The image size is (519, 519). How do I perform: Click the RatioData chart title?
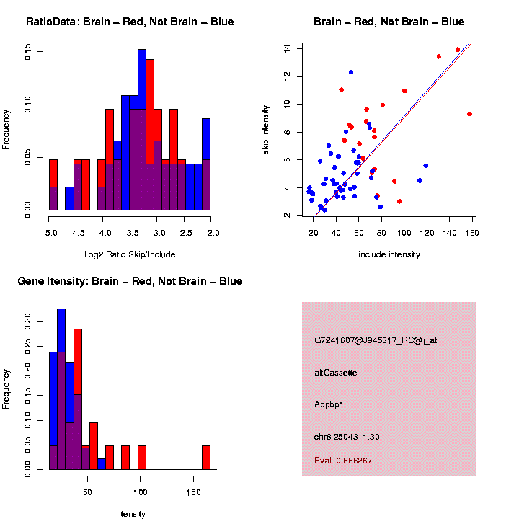[130, 22]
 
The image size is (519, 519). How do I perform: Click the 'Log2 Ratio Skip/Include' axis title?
[130, 254]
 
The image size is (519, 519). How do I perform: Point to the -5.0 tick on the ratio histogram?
[49, 233]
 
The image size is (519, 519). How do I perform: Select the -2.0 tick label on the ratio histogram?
[210, 233]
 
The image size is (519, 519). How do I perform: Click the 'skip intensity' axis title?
[266, 132]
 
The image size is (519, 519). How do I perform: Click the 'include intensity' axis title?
[389, 254]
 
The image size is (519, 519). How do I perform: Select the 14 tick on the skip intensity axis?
[287, 48]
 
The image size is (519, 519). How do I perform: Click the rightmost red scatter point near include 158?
[469, 114]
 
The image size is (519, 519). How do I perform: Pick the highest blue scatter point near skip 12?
[351, 72]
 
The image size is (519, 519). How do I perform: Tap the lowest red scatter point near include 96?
[399, 201]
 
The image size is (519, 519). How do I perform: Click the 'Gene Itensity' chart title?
[130, 281]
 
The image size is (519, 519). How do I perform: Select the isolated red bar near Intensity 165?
[206, 458]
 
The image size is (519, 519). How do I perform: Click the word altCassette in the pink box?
[336, 373]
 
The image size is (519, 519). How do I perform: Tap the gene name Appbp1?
[329, 404]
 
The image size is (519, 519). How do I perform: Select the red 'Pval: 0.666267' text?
[343, 461]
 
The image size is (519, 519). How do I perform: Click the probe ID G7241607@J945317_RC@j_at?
[376, 340]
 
